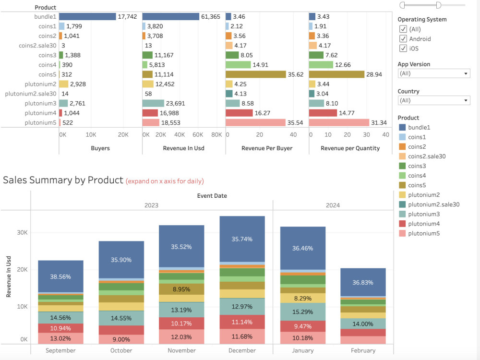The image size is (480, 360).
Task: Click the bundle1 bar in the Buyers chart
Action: click(x=87, y=16)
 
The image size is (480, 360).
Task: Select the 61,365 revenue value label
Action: click(x=211, y=17)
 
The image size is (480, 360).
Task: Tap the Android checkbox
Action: click(x=403, y=38)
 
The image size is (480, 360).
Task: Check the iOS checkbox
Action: click(x=403, y=48)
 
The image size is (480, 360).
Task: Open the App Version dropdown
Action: click(x=434, y=73)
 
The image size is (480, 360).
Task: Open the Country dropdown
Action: click(x=434, y=100)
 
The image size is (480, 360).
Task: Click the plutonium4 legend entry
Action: click(x=423, y=224)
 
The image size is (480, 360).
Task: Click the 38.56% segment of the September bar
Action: click(x=60, y=276)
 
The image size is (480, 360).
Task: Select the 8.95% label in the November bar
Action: click(x=181, y=289)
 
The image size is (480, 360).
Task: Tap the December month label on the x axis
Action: click(x=242, y=350)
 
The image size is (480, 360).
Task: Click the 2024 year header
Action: click(x=333, y=205)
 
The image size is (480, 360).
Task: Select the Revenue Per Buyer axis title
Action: click(x=267, y=148)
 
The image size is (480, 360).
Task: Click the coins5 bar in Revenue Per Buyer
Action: click(x=256, y=74)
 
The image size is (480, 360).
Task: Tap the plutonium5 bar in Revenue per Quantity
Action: click(x=339, y=123)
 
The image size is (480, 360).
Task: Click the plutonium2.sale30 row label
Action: click(x=31, y=94)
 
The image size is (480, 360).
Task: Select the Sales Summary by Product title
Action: click(x=63, y=180)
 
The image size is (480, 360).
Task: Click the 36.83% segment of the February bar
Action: click(x=362, y=282)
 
